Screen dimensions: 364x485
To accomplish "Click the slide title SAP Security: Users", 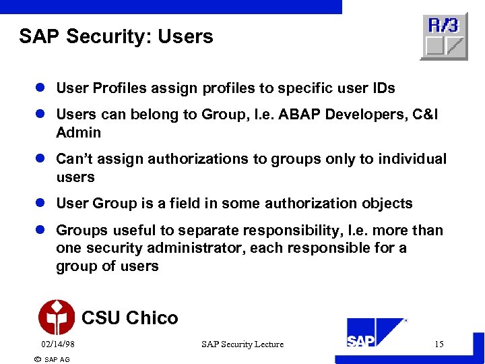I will (x=116, y=36).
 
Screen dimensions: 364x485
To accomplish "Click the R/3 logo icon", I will (x=443, y=36).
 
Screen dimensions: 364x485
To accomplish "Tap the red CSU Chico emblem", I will (x=57, y=317).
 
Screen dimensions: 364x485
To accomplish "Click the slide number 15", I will (x=439, y=344).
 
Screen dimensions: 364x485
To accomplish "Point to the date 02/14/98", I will (x=57, y=344).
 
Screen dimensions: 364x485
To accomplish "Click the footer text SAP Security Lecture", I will (x=243, y=344).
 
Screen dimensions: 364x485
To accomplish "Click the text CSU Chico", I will (x=129, y=317).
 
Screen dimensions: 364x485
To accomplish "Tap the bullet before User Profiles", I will (x=42, y=88).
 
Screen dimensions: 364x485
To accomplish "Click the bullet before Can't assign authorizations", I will (x=42, y=160).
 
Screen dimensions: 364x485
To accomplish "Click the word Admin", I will (x=78, y=133).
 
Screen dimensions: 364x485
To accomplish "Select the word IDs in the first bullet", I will (x=383, y=88).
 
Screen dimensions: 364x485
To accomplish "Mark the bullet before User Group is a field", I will (x=42, y=204).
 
